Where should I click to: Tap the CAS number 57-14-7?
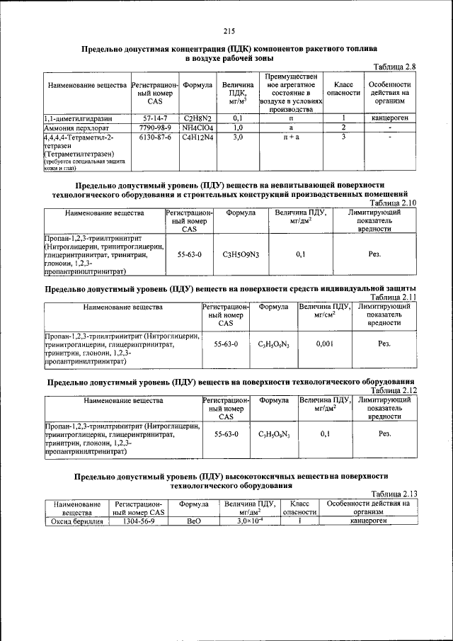click(154, 118)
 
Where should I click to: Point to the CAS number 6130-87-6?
click(154, 137)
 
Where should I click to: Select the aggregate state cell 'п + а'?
click(290, 137)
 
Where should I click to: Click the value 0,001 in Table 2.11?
click(324, 343)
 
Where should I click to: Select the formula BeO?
click(193, 522)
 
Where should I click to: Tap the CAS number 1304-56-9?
click(139, 522)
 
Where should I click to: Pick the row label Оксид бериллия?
click(76, 522)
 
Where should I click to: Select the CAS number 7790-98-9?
click(154, 127)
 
